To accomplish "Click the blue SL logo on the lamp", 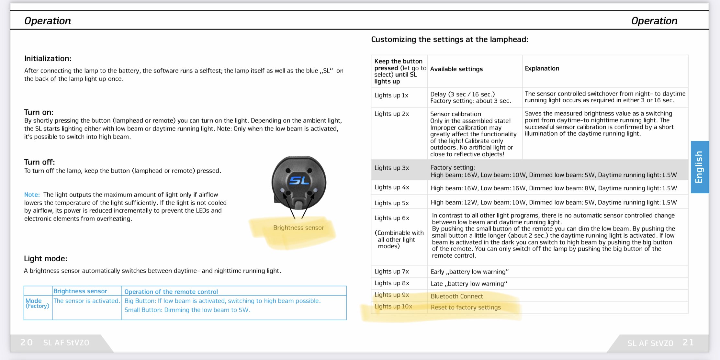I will tap(299, 180).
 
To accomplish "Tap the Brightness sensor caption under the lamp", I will tap(298, 228).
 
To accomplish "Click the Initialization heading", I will tap(48, 59).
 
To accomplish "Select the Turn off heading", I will tap(39, 162).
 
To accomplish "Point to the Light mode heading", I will tap(46, 259).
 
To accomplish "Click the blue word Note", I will tap(32, 195).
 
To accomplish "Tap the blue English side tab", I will tap(699, 167).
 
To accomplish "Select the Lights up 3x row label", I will tap(392, 168).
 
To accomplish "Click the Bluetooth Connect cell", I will tap(456, 296).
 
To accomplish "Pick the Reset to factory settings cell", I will tap(466, 307).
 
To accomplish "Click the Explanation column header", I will tap(542, 68).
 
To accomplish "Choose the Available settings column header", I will tap(456, 69).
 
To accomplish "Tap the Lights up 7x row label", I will tap(392, 271).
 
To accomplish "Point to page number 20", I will tap(27, 342).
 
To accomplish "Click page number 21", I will tap(688, 342).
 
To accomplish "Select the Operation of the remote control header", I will tap(171, 291).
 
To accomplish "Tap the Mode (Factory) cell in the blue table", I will tap(37, 303).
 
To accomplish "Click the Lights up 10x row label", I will tap(393, 306).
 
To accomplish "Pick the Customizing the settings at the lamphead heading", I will tap(449, 39).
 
